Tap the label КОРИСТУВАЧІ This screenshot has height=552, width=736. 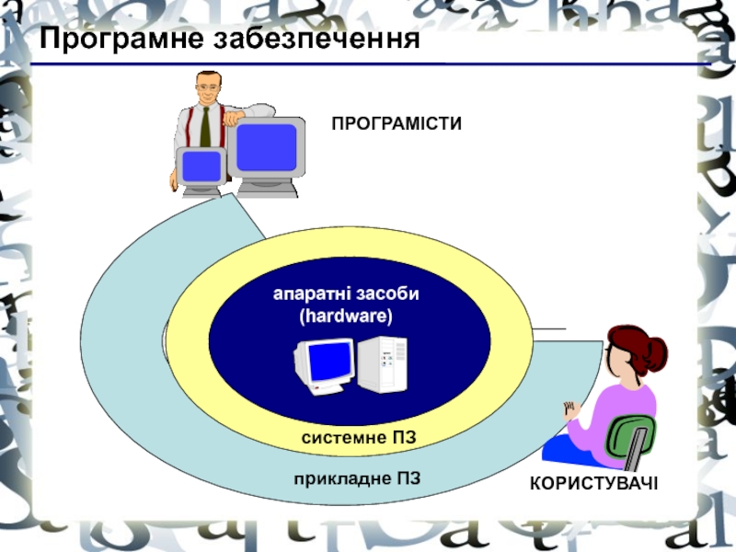[x=593, y=484]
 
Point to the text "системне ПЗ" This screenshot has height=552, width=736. [x=359, y=438]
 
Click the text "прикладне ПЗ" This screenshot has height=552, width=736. [x=358, y=478]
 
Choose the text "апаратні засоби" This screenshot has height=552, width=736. [x=346, y=294]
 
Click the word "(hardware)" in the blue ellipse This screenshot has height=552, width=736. [x=346, y=316]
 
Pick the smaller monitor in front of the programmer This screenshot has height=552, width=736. [x=201, y=168]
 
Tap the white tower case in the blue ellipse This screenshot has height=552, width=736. [x=381, y=363]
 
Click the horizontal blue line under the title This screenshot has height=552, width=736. [x=368, y=64]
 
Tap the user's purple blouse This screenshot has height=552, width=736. [x=618, y=409]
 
